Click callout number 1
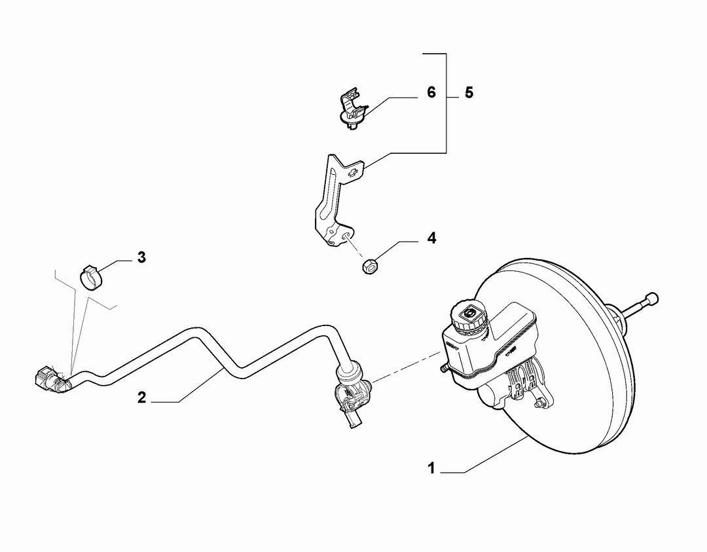tap(431, 468)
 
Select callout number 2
tap(141, 397)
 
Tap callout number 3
tap(141, 257)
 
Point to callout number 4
tap(431, 238)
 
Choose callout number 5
tap(469, 93)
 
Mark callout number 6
tap(431, 92)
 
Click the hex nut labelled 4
tap(370, 266)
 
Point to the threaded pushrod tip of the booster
tap(651, 299)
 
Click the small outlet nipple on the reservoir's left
tap(443, 369)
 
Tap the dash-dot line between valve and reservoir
tap(407, 367)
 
